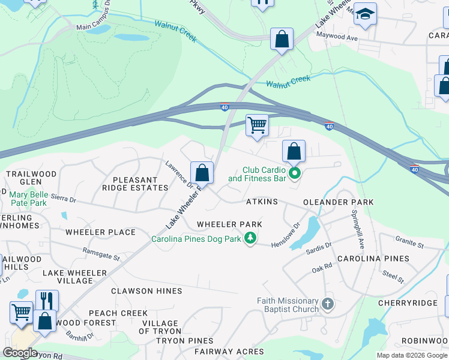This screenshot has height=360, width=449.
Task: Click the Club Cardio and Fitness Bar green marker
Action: (x=294, y=174)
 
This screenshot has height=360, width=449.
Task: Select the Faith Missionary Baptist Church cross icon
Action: (x=328, y=304)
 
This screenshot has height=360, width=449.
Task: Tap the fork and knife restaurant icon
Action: (x=47, y=300)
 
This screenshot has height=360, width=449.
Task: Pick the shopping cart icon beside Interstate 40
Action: (x=257, y=125)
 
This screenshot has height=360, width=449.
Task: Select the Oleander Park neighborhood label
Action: (x=339, y=202)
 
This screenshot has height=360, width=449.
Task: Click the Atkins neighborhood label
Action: (x=262, y=202)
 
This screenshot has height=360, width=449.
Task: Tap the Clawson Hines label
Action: (x=146, y=291)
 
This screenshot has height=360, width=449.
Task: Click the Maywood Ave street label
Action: (x=337, y=37)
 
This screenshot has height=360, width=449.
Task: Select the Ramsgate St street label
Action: (x=101, y=254)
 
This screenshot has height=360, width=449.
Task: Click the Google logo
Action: (x=20, y=353)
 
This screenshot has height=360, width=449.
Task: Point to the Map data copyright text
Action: (x=411, y=355)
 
